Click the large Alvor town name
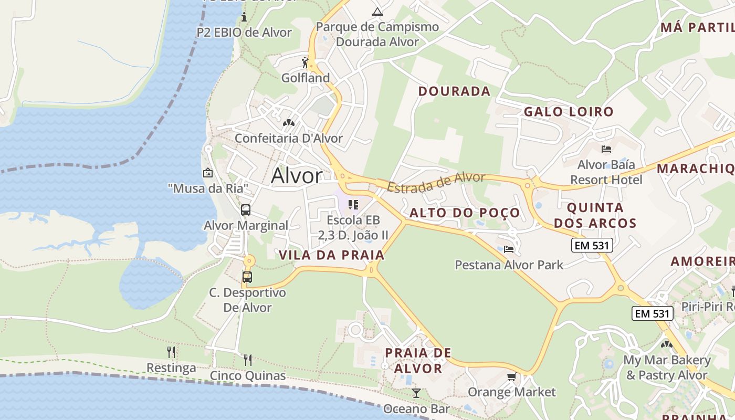pyautogui.click(x=297, y=176)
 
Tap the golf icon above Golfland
pyautogui.click(x=305, y=62)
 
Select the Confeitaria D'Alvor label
pyautogui.click(x=288, y=139)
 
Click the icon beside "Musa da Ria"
pyautogui.click(x=208, y=172)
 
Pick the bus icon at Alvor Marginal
pyautogui.click(x=245, y=210)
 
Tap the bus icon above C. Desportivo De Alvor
pyautogui.click(x=247, y=277)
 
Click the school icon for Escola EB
pyautogui.click(x=353, y=204)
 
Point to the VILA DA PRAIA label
pyautogui.click(x=332, y=255)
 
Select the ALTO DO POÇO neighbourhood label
pyautogui.click(x=465, y=213)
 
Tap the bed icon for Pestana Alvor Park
pyautogui.click(x=508, y=249)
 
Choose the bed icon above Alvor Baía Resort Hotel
pyautogui.click(x=606, y=149)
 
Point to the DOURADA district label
pyautogui.click(x=454, y=91)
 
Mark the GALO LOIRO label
pyautogui.click(x=569, y=111)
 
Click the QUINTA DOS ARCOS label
pyautogui.click(x=595, y=215)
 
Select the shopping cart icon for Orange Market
pyautogui.click(x=511, y=376)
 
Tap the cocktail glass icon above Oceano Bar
pyautogui.click(x=416, y=393)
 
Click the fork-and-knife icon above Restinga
pyautogui.click(x=171, y=352)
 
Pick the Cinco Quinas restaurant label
pyautogui.click(x=248, y=376)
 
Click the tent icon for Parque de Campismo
pyautogui.click(x=377, y=12)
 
